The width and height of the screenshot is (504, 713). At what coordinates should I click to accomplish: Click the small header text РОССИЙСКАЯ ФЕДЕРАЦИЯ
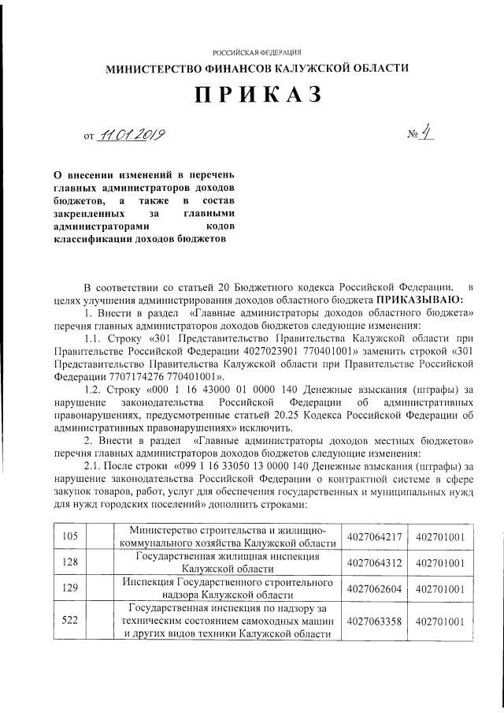click(257, 50)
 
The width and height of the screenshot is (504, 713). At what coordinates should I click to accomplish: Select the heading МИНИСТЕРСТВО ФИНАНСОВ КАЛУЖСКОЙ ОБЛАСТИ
click(258, 69)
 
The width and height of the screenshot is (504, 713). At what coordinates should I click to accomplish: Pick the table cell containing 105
click(69, 536)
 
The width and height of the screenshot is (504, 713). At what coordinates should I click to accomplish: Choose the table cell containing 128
click(69, 562)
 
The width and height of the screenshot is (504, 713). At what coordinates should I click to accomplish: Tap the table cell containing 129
click(69, 588)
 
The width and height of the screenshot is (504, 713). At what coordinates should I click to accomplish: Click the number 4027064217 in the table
click(374, 536)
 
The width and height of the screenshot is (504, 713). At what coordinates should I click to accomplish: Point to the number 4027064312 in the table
click(374, 562)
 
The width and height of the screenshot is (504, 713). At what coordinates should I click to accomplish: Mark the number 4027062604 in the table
click(374, 588)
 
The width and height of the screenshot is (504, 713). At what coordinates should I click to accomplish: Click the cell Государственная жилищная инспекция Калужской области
click(227, 562)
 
